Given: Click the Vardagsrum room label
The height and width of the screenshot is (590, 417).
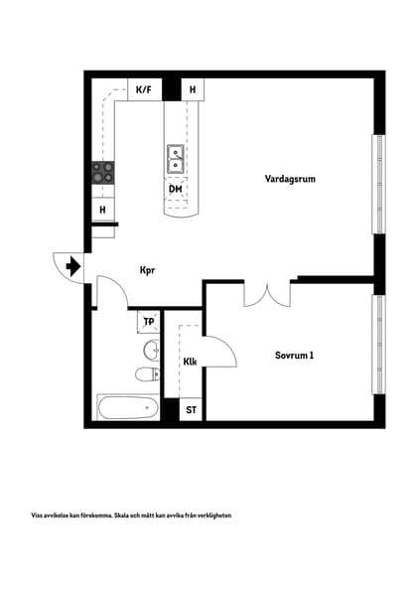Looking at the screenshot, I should coord(290,180).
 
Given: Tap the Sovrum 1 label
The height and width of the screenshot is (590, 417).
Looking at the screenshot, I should coord(295,355).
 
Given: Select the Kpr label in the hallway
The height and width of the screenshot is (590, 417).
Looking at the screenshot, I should coord(148,269).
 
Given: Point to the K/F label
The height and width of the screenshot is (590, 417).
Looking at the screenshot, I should coord(143,90).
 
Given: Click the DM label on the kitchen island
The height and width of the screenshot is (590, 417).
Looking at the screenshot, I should coord(175,189).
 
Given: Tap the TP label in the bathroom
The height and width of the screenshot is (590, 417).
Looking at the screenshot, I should coord(149,321).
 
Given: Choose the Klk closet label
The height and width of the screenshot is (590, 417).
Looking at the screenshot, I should coord(190,362).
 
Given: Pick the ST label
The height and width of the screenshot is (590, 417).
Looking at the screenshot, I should coord(191,409).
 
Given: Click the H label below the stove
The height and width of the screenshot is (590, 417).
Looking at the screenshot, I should coord(102,211).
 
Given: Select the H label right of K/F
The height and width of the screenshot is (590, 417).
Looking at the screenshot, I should coord(193,90).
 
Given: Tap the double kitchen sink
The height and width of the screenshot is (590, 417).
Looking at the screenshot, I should coord(175,157).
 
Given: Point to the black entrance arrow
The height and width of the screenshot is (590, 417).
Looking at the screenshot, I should coord(72,266).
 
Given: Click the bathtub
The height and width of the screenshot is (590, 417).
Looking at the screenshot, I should coord(127,407).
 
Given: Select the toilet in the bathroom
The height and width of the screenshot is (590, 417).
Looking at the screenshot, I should coord(146,373).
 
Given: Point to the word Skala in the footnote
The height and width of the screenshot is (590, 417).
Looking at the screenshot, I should coord(127,516).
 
